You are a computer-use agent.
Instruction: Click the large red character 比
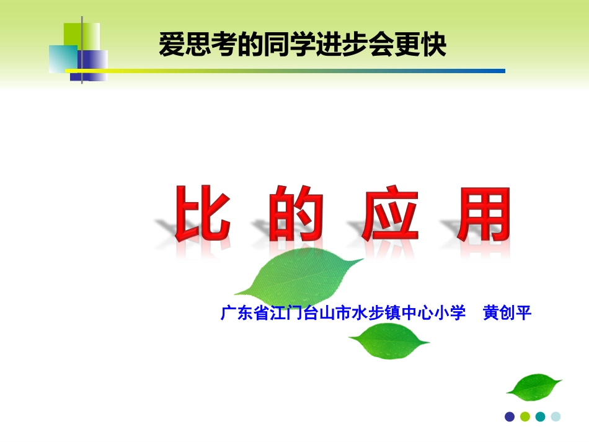pos(202,214)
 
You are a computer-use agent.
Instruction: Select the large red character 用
pos(484,214)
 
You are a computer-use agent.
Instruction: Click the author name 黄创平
pos(507,313)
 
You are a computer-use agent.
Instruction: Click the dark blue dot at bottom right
pos(510,417)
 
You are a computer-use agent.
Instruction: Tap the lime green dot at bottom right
pos(525,417)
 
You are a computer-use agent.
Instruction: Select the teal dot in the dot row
pos(540,417)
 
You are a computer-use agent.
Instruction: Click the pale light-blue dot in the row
pos(556,417)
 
